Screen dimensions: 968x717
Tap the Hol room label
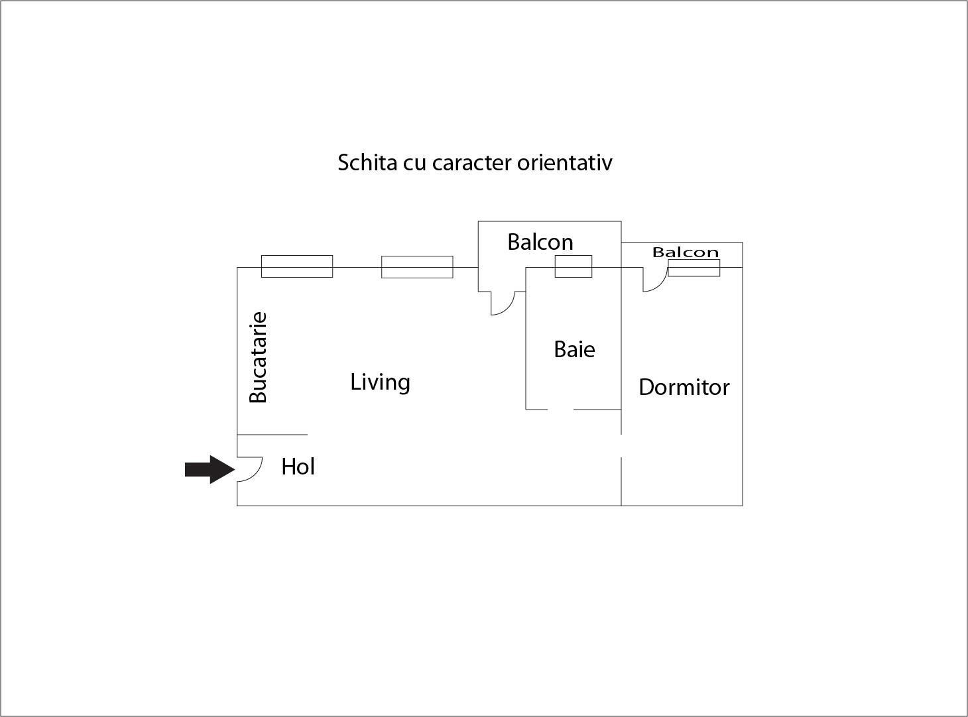point(298,467)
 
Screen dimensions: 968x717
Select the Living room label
point(380,382)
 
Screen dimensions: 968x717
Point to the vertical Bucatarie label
point(258,357)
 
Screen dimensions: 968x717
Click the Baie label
point(574,349)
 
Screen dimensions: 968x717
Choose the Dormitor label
point(684,387)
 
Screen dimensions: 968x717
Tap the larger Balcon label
point(540,242)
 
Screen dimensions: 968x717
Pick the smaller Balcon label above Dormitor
point(685,252)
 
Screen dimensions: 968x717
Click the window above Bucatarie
point(297,266)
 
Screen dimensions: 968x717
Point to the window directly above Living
point(417,266)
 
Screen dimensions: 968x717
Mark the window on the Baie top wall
point(574,266)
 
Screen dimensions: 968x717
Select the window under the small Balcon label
point(694,268)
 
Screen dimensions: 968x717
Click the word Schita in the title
point(367,162)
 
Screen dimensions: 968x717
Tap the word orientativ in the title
point(565,162)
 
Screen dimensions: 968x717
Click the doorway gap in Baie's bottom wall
point(560,410)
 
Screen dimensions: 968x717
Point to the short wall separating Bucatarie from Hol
point(272,435)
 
